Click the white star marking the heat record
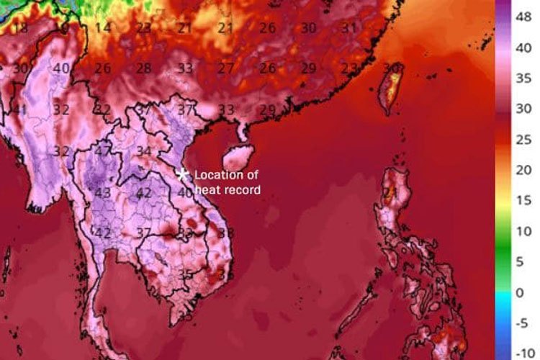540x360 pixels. click(x=183, y=174)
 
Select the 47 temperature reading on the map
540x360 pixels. click(x=104, y=152)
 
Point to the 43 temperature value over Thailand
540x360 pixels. click(x=103, y=193)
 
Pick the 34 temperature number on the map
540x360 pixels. click(x=144, y=151)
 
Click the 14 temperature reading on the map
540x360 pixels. click(x=104, y=28)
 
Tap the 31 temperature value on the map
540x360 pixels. click(x=349, y=28)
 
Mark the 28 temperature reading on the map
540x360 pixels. click(x=144, y=68)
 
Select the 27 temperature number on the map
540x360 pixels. click(x=226, y=68)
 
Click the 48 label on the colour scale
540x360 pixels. click(x=526, y=16)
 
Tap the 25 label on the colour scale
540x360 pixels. click(x=526, y=139)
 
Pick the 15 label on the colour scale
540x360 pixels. click(x=526, y=201)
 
